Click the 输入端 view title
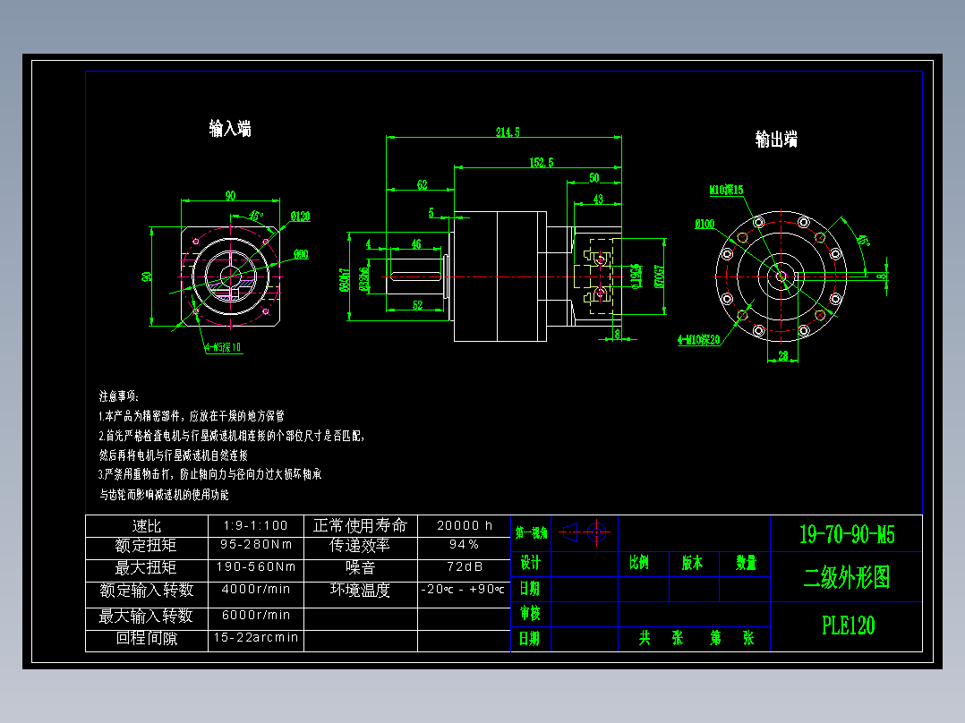(x=230, y=129)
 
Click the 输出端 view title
(x=776, y=140)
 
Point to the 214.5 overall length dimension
(x=508, y=132)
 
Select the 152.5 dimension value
(x=542, y=162)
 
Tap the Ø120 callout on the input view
(x=300, y=216)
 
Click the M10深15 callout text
(x=726, y=190)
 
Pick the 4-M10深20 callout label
(x=699, y=340)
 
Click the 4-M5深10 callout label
(x=222, y=348)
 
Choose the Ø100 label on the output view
(x=705, y=225)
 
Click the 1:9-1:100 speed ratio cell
(x=255, y=525)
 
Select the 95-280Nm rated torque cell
(x=255, y=544)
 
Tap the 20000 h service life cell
(x=464, y=525)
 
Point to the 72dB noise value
(x=464, y=566)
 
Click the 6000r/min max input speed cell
(x=255, y=615)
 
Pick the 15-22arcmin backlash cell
(x=255, y=638)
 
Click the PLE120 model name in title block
(x=848, y=625)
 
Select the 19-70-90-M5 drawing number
(x=847, y=535)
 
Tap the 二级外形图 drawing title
(x=847, y=578)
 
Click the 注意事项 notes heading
(x=118, y=395)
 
